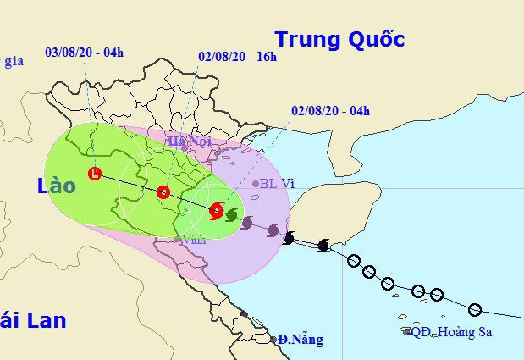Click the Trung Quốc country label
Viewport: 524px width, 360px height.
tap(339, 39)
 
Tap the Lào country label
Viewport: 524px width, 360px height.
tap(57, 186)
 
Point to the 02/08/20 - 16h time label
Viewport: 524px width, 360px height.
tap(237, 58)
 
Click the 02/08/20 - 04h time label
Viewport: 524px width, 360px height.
tap(330, 110)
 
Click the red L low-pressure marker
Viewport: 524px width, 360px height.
tap(95, 174)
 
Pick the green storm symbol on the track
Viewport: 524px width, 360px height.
tap(231, 215)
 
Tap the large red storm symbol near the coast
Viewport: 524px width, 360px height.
tap(217, 210)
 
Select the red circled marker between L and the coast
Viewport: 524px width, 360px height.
tap(163, 192)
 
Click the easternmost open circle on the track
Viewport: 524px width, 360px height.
tap(475, 309)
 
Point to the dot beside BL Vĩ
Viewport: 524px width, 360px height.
tap(256, 184)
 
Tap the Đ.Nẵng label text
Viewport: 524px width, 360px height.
tap(300, 340)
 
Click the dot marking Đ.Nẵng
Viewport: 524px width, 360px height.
tap(273, 340)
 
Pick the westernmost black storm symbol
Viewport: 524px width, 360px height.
tap(289, 238)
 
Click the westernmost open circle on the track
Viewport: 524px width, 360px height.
tap(353, 261)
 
